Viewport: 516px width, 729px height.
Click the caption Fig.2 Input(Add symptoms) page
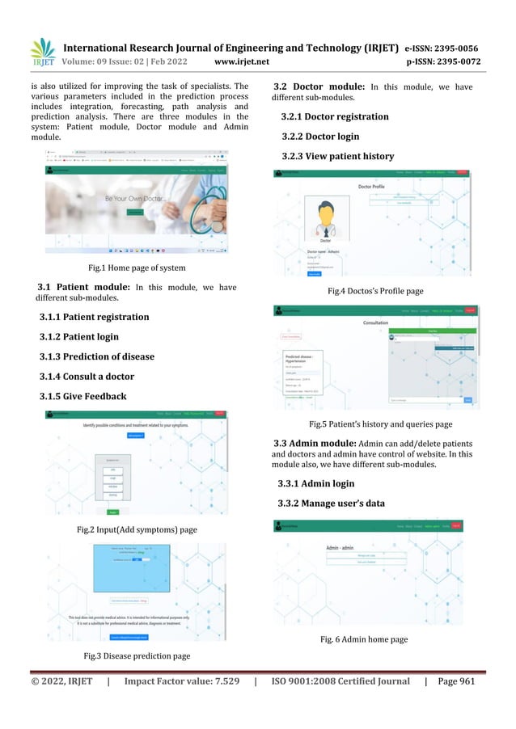[136, 529]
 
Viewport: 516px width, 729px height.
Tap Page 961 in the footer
[456, 682]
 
